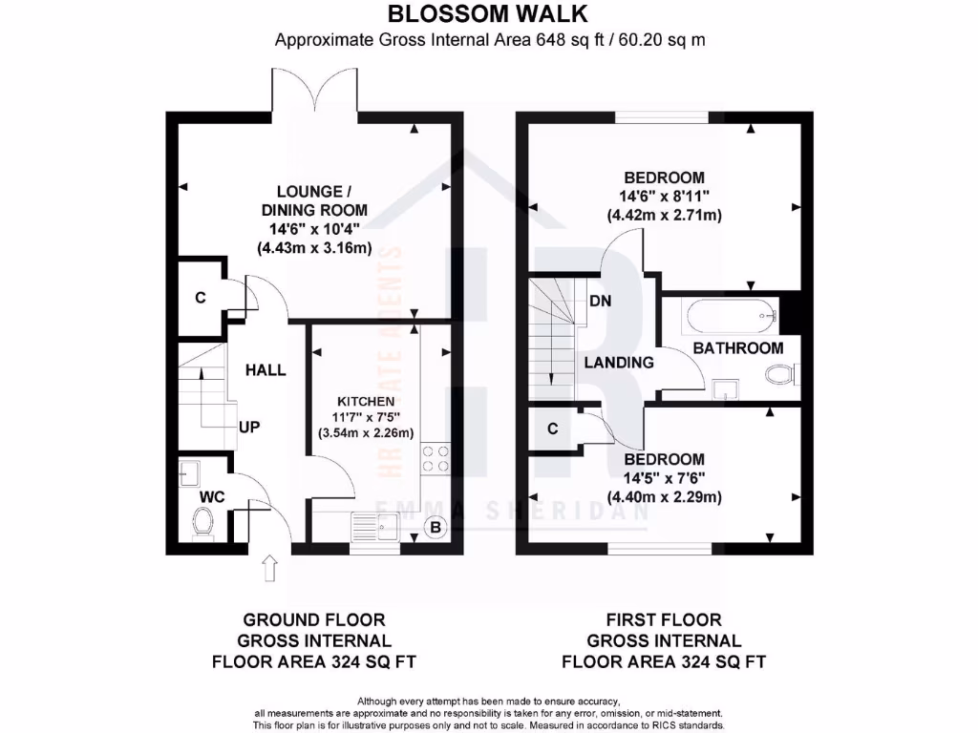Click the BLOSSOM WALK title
pyautogui.click(x=487, y=13)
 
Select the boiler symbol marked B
pyautogui.click(x=436, y=527)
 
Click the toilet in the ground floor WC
pyautogui.click(x=202, y=520)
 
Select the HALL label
pyautogui.click(x=265, y=369)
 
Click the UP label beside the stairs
pyautogui.click(x=249, y=427)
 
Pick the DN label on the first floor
pyautogui.click(x=601, y=301)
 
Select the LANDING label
pyautogui.click(x=619, y=363)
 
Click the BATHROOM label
pyautogui.click(x=738, y=348)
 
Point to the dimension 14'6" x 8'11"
pyautogui.click(x=664, y=196)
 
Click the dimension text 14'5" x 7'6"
pyautogui.click(x=664, y=478)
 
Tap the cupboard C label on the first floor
pyautogui.click(x=553, y=429)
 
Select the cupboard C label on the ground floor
pyautogui.click(x=201, y=298)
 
